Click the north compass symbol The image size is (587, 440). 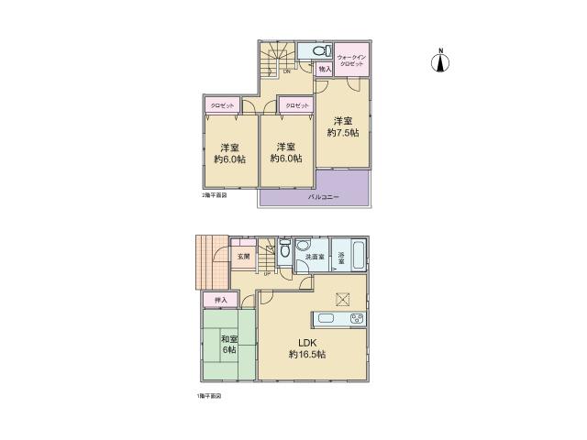coord(440,62)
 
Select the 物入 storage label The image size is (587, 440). coord(325,68)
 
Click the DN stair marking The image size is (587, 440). coord(286,71)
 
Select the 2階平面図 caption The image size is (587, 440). coord(214,195)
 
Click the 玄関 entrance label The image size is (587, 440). coord(243,257)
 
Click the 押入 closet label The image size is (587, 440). coord(220,300)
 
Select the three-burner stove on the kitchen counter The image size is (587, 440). coord(356,319)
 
